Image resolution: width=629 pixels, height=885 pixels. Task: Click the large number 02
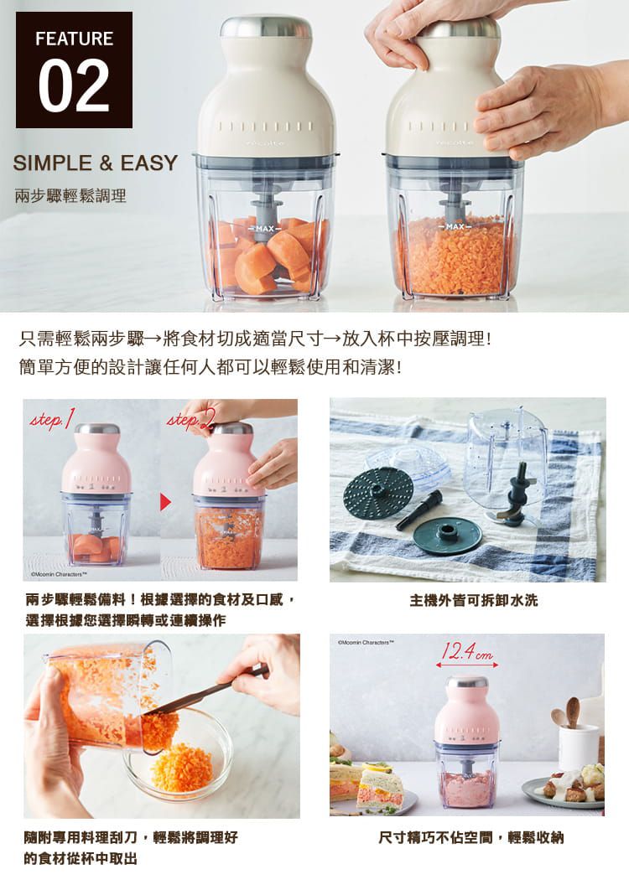(x=74, y=85)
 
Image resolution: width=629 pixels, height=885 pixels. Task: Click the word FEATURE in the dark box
(x=74, y=39)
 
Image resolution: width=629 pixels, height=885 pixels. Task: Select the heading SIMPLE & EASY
(x=96, y=163)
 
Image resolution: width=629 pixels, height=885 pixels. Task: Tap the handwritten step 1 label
(x=51, y=417)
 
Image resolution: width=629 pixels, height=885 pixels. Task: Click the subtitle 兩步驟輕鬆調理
(x=70, y=196)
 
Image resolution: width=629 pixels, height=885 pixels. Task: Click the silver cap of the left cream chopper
(x=266, y=26)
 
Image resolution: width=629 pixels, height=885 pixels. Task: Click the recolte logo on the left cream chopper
(x=266, y=142)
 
